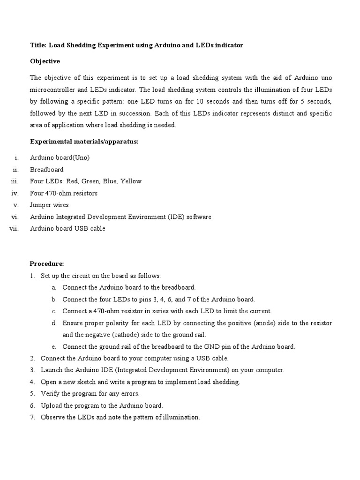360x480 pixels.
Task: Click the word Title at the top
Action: pos(37,45)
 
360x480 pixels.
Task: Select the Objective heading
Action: pos(45,61)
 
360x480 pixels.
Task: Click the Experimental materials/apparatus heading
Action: pos(84,142)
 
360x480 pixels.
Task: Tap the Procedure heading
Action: pos(47,264)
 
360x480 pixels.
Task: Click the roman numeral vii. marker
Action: pos(13,229)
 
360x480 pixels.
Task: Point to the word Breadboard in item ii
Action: pos(47,169)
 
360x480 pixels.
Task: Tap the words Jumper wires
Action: pos(49,205)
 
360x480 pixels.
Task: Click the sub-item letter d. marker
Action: pos(54,323)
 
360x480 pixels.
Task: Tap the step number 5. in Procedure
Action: pos(33,394)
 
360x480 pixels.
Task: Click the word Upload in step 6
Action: pos(51,405)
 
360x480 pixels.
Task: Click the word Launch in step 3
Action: pos(51,370)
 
